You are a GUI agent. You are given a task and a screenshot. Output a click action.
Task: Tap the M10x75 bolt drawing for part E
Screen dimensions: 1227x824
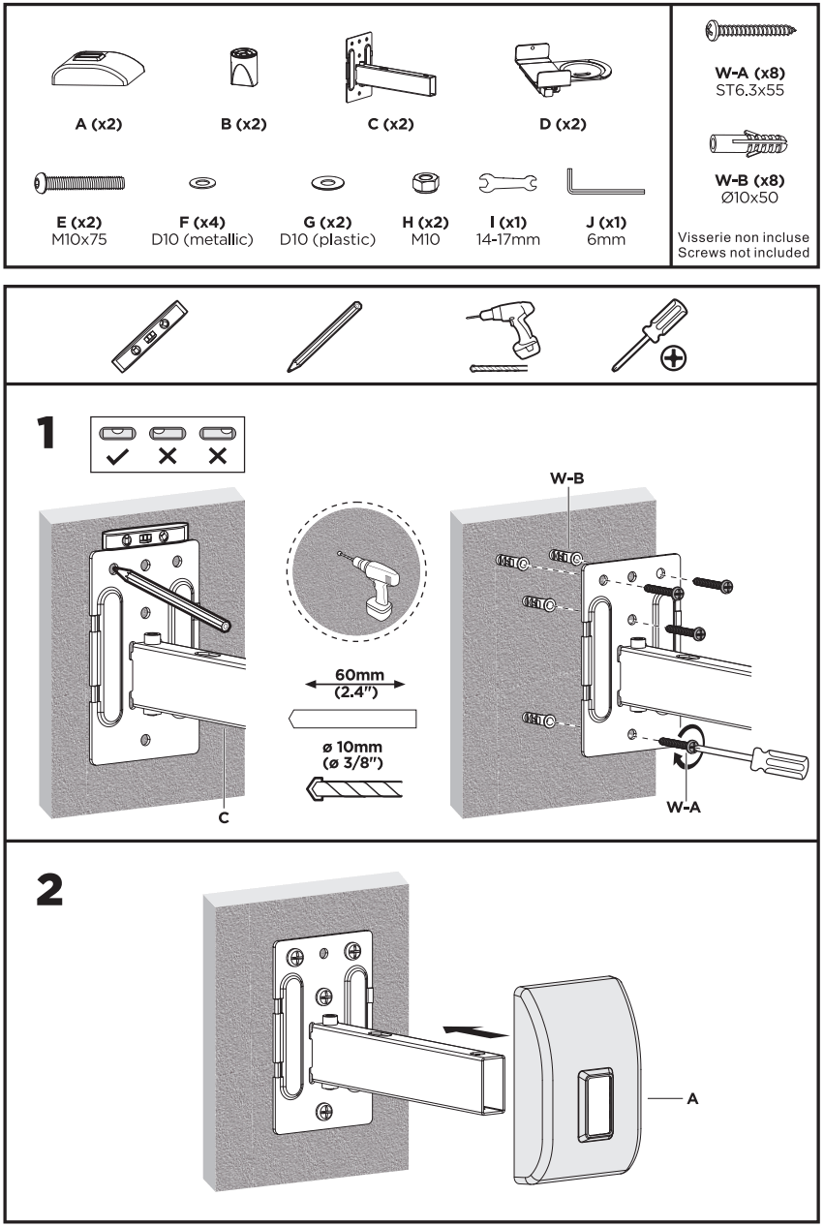pos(79,181)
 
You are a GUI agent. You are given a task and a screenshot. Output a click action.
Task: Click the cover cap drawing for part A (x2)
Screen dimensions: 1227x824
pos(96,71)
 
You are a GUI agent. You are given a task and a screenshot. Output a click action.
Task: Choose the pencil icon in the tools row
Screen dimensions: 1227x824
pos(324,336)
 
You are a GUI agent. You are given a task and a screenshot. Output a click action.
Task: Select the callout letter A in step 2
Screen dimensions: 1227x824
pos(692,1099)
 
